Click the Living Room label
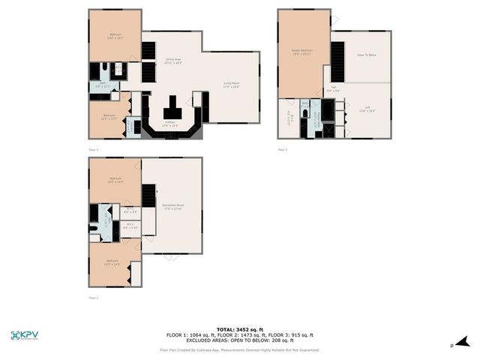pos(231,85)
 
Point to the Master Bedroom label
pos(301,52)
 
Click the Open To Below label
pos(366,55)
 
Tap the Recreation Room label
pos(172,206)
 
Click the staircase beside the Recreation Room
pos(148,196)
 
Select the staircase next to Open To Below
pos(337,60)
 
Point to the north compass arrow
pos(462,342)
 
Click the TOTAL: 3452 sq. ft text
pos(239,329)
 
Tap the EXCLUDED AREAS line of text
pos(239,340)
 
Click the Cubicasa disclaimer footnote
pos(239,350)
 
